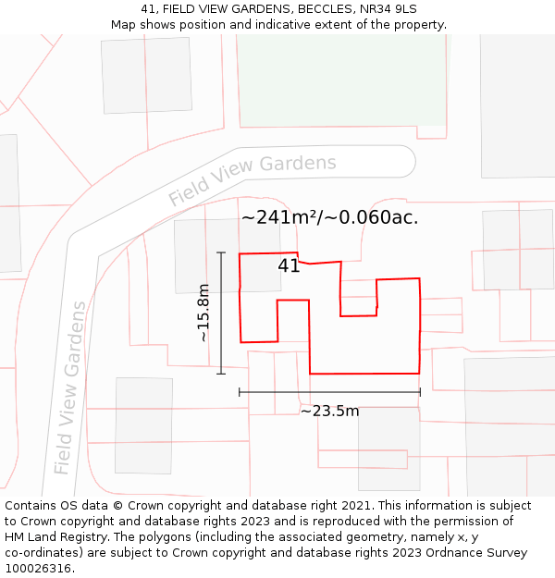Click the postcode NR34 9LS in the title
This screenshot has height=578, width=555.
click(x=382, y=9)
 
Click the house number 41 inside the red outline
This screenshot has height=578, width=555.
click(x=289, y=266)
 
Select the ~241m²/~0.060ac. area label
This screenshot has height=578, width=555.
click(x=329, y=218)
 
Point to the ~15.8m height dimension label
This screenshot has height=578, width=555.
click(x=203, y=313)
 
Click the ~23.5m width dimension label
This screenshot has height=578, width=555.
click(x=329, y=411)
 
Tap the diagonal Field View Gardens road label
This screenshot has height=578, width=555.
click(x=252, y=180)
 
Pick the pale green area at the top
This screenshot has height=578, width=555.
click(x=342, y=79)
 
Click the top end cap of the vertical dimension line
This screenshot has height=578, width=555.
click(x=221, y=252)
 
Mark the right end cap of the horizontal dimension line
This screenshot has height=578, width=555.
click(x=420, y=392)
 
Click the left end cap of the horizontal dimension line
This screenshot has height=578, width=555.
click(x=240, y=392)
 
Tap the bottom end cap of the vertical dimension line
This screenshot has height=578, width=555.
click(x=221, y=374)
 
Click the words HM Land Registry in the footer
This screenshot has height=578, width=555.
click(x=48, y=536)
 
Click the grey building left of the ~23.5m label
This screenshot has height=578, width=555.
click(x=143, y=425)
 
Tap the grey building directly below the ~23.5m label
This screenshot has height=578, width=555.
click(x=388, y=449)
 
